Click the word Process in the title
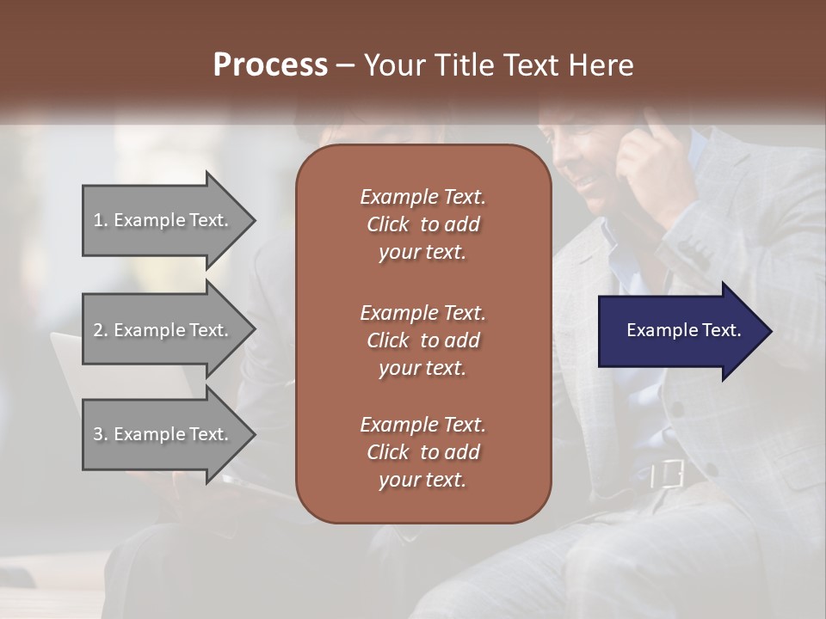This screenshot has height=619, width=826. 270,65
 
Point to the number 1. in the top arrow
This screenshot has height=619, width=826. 101,220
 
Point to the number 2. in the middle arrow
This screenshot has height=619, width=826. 101,330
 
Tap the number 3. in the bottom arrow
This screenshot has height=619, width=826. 101,434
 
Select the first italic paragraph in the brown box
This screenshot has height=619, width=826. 422,224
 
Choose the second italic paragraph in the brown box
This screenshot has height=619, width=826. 422,340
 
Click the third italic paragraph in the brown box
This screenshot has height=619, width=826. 422,452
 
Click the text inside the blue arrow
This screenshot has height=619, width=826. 683,330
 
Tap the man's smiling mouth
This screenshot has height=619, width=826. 590,182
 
